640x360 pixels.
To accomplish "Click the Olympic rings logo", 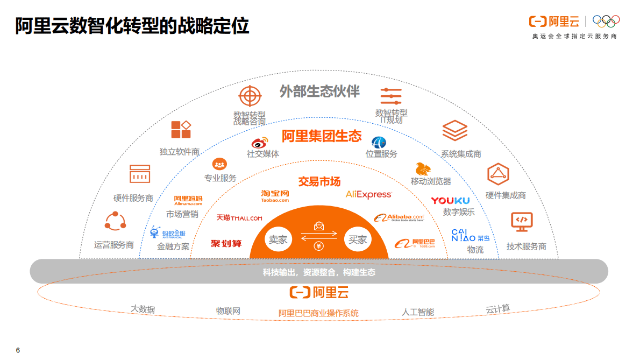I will pyautogui.click(x=606, y=21).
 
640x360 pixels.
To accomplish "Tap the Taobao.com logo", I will pyautogui.click(x=275, y=196).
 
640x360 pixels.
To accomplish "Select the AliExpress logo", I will pyautogui.click(x=368, y=194).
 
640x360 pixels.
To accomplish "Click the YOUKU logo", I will pyautogui.click(x=450, y=201).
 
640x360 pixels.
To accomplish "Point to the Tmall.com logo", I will pyautogui.click(x=239, y=218).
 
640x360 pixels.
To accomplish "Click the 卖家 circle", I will pyautogui.click(x=278, y=240).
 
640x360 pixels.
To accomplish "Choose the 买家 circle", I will pyautogui.click(x=358, y=240).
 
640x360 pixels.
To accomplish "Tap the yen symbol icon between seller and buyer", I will pyautogui.click(x=318, y=247).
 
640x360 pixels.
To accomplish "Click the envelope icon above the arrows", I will pyautogui.click(x=318, y=227).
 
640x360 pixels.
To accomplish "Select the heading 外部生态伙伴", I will pyautogui.click(x=319, y=91).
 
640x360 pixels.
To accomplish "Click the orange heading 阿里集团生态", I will pyautogui.click(x=322, y=136).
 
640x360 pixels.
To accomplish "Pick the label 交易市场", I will pyautogui.click(x=319, y=182).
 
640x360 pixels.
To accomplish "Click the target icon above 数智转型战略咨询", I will pyautogui.click(x=249, y=97).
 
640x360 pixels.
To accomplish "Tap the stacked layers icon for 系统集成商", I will pyautogui.click(x=454, y=131).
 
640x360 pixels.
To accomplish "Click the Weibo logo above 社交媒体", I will pyautogui.click(x=260, y=143).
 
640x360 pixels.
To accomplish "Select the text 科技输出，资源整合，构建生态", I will pyautogui.click(x=319, y=272).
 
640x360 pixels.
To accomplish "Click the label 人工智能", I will pyautogui.click(x=418, y=312).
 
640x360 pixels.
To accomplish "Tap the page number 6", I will pyautogui.click(x=18, y=350).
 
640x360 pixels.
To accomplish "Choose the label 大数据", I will pyautogui.click(x=143, y=309).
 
